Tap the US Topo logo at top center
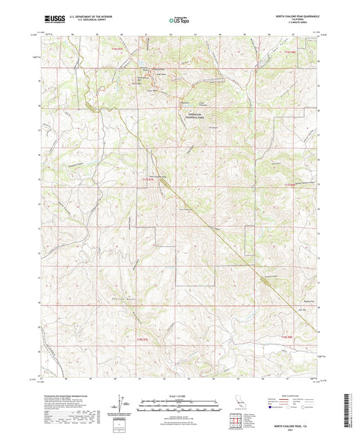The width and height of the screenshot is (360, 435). [x=180, y=20]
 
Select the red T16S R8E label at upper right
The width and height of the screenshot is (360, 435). [x=290, y=51]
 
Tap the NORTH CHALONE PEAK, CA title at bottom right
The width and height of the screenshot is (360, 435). [x=297, y=426]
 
